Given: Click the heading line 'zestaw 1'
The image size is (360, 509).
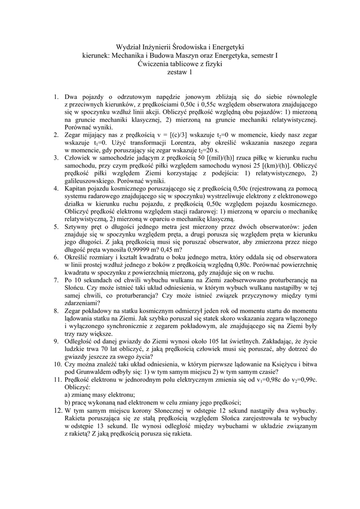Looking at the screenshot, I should [x=180, y=72].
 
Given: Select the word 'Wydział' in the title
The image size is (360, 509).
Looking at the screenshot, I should [x=129, y=47].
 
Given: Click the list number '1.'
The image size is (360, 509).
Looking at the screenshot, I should [x=57, y=96].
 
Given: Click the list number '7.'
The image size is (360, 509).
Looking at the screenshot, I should [x=57, y=280].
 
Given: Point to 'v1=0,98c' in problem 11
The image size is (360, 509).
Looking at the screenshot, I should [x=273, y=379].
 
